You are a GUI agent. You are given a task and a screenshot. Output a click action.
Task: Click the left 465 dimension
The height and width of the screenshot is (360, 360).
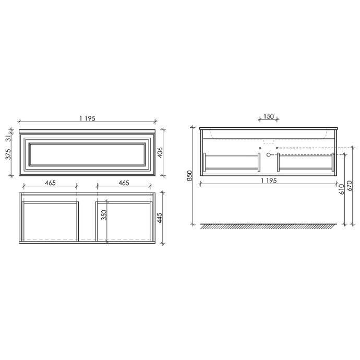click(x=50, y=183)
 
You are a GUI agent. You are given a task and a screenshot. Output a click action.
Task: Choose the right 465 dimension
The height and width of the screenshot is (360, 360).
click(x=124, y=183)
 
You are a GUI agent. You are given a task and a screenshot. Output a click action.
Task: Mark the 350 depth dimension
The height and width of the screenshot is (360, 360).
click(x=104, y=215)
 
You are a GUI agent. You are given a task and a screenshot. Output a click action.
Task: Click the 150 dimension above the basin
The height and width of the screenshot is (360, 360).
click(x=268, y=116)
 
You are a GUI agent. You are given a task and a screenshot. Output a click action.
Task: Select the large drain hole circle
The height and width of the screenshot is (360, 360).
click(x=269, y=155)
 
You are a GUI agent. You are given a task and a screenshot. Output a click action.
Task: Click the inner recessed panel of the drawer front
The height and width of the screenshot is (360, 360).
click(x=87, y=154)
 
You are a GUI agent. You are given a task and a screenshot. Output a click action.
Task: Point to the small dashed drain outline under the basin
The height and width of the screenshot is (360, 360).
click(x=268, y=141)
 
